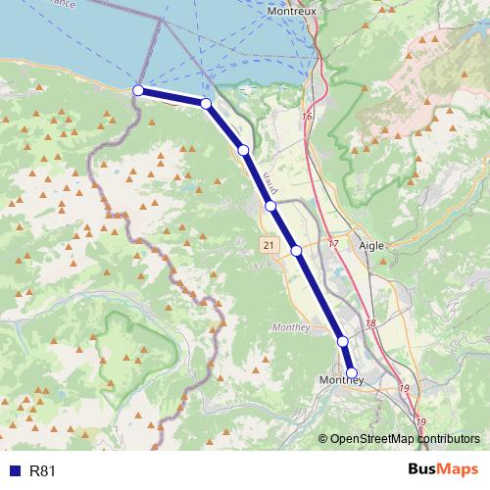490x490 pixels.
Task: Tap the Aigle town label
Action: pyautogui.click(x=371, y=246)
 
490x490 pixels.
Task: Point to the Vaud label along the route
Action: pyautogui.click(x=271, y=182)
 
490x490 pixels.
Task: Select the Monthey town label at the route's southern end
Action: pyautogui.click(x=342, y=379)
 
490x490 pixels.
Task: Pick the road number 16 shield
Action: pyautogui.click(x=307, y=117)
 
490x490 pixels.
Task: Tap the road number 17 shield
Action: pyautogui.click(x=333, y=243)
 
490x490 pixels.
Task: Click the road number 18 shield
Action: pyautogui.click(x=370, y=323)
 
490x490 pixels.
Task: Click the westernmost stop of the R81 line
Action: pyautogui.click(x=138, y=90)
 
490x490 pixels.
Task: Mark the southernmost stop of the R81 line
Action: pyautogui.click(x=351, y=372)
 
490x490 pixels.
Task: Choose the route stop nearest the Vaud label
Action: pyautogui.click(x=270, y=206)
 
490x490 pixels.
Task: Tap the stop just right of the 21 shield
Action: pyautogui.click(x=296, y=251)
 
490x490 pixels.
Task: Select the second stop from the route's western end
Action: pyautogui.click(x=206, y=103)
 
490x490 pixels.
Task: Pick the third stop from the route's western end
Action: pyautogui.click(x=243, y=150)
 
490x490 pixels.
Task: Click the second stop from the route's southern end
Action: pyautogui.click(x=343, y=341)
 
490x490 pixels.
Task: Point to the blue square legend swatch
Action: pyautogui.click(x=14, y=470)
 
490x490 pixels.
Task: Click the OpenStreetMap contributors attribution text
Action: pyautogui.click(x=405, y=439)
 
